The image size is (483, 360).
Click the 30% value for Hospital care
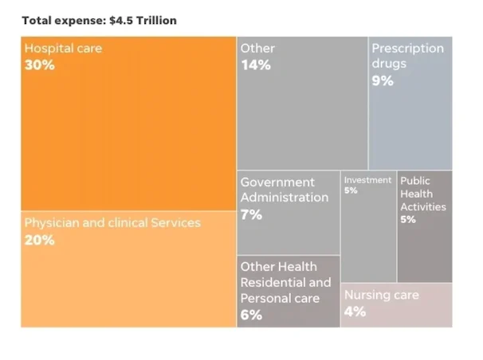(40, 65)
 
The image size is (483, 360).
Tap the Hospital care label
(63, 49)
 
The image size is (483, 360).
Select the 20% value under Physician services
(40, 240)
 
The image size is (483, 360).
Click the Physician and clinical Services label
(112, 223)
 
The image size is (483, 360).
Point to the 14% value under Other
(256, 65)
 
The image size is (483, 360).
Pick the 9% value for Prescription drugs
(383, 80)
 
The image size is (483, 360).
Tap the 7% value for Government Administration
(251, 214)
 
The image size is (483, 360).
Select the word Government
(277, 182)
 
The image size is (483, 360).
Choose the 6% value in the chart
(251, 315)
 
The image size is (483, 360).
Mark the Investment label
(367, 180)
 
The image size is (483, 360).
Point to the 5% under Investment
(351, 191)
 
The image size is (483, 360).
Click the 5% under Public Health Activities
(408, 220)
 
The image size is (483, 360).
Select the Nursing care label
(381, 295)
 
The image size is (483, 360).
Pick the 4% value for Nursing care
(355, 311)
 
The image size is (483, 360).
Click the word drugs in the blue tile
(389, 64)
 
